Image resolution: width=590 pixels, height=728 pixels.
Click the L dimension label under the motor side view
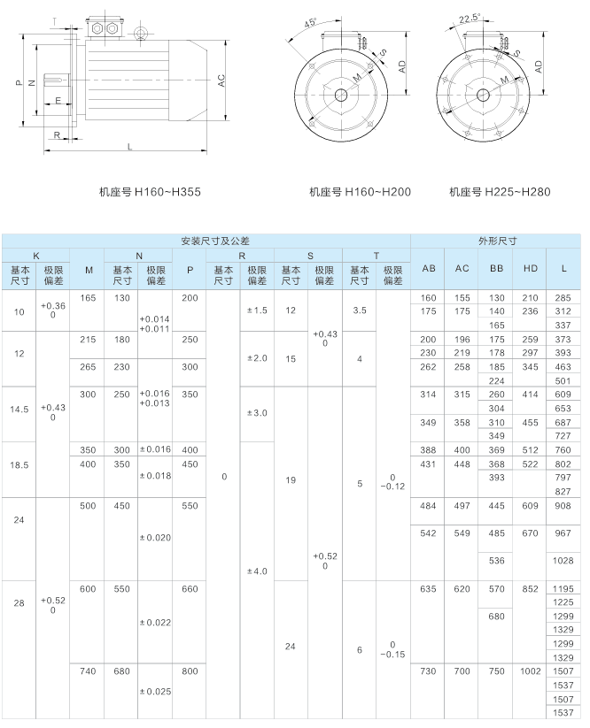(x=130, y=147)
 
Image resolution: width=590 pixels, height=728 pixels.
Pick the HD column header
(x=530, y=269)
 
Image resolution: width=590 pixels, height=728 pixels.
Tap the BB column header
(x=496, y=269)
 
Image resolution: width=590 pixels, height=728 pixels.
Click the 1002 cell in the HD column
(x=530, y=672)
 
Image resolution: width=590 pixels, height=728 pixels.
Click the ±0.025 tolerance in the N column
(x=155, y=690)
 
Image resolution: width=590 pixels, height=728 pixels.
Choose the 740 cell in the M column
(x=88, y=672)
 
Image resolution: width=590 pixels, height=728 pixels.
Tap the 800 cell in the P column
(x=190, y=672)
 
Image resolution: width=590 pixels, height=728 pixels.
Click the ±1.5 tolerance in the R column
(x=257, y=310)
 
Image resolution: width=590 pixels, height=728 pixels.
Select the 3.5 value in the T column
(x=359, y=310)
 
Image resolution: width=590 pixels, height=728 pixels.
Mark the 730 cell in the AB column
(x=429, y=672)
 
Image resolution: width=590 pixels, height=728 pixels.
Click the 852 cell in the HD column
(x=530, y=588)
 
